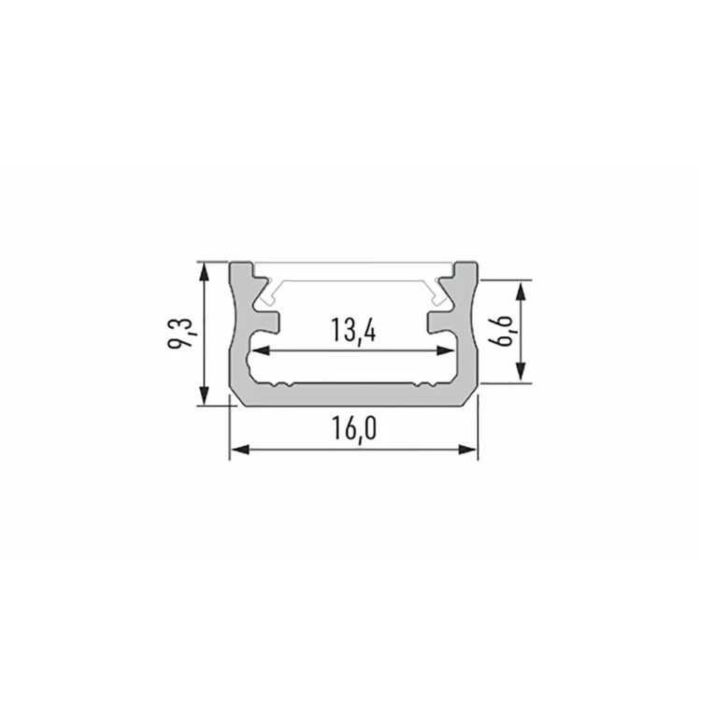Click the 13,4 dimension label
tap(353, 330)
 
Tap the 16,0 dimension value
tap(354, 428)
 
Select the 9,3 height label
tap(180, 334)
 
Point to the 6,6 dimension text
tap(501, 330)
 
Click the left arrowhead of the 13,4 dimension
tap(261, 350)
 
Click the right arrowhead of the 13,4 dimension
tap(445, 350)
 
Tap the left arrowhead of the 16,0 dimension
tap(239, 450)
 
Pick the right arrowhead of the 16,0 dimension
tap(468, 450)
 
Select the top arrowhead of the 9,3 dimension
tap(204, 271)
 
